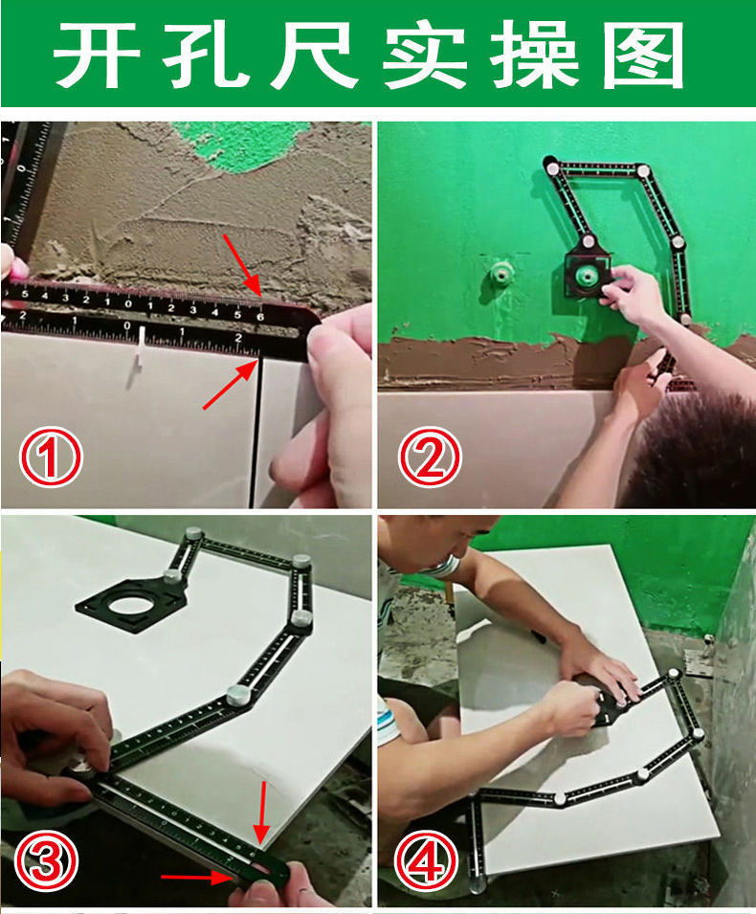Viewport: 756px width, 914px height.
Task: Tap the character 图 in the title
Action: (643, 56)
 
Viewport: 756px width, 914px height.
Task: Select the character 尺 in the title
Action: (314, 56)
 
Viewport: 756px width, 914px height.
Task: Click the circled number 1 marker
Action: (50, 457)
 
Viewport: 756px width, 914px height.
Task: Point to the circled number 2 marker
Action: (430, 457)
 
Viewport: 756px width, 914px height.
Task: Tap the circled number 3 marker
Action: (46, 860)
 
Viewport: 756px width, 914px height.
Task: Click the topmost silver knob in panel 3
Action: (193, 533)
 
